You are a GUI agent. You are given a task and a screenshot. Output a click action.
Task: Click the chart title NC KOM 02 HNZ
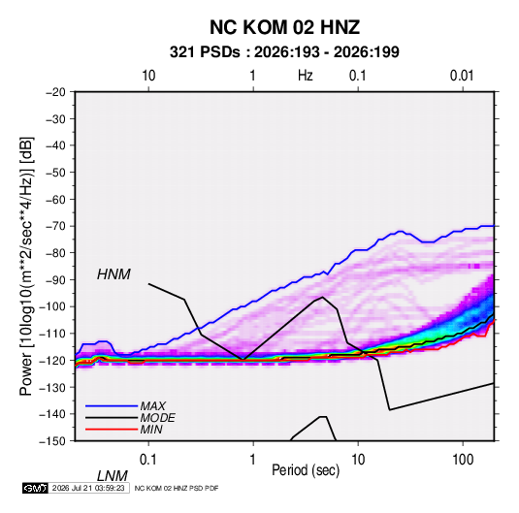click(284, 27)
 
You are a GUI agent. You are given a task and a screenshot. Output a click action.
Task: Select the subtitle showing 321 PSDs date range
click(284, 52)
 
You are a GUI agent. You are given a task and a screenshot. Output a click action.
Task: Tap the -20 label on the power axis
click(55, 92)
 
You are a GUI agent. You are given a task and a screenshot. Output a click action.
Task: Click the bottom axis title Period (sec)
click(306, 470)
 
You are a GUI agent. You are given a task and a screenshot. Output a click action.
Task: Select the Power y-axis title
click(26, 267)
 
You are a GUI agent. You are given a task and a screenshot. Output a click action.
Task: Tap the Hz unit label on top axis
click(306, 76)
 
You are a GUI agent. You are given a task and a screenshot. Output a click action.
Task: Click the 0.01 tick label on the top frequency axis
click(462, 76)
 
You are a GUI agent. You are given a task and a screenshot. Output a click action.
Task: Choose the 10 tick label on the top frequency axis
click(148, 76)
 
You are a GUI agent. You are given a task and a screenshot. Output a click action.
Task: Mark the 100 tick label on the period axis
click(463, 460)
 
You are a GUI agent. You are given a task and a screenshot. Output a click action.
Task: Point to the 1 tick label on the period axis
click(253, 460)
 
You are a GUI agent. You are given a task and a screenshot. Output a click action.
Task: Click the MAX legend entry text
click(152, 405)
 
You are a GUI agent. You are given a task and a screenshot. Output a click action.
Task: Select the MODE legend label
click(157, 418)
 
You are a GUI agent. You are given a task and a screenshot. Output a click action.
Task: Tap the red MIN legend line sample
click(112, 430)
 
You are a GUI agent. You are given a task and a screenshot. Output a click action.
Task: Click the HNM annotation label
click(114, 274)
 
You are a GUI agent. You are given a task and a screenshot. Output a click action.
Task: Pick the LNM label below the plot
click(112, 476)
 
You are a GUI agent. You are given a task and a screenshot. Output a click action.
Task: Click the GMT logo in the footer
click(35, 488)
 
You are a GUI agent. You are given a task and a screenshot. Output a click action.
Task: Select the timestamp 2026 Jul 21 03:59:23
click(88, 488)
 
